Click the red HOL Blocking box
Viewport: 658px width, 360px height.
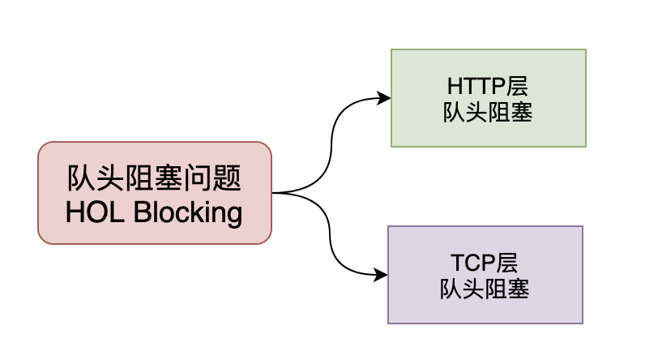point(155,193)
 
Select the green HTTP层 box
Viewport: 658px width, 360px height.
point(488,98)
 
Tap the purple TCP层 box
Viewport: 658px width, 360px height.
point(485,275)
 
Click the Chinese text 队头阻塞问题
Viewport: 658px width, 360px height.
point(155,178)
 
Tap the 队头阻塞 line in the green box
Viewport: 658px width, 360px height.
point(488,113)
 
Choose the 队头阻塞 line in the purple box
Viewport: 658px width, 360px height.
point(485,289)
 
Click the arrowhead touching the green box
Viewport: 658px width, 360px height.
point(384,99)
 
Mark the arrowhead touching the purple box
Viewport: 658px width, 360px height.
point(381,275)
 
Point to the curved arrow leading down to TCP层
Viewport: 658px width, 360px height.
point(332,239)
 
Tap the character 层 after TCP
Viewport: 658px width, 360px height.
point(506,263)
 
